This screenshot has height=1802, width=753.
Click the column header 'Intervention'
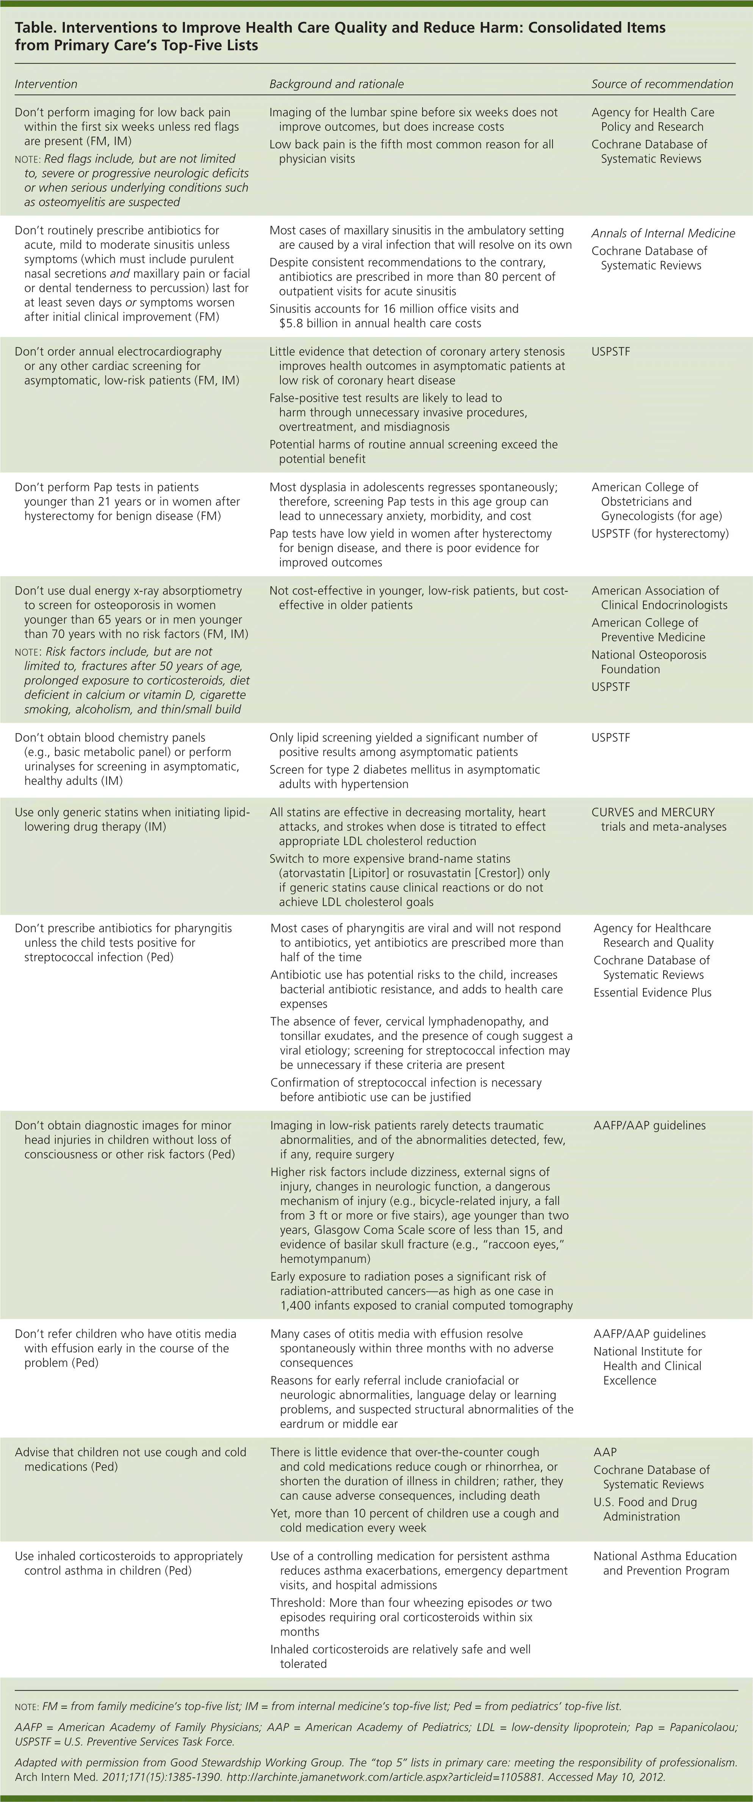pyautogui.click(x=46, y=84)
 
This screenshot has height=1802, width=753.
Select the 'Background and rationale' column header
pyautogui.click(x=336, y=84)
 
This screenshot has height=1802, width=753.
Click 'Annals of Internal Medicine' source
pyautogui.click(x=663, y=233)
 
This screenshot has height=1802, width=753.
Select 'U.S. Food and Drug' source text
pyautogui.click(x=645, y=1502)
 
